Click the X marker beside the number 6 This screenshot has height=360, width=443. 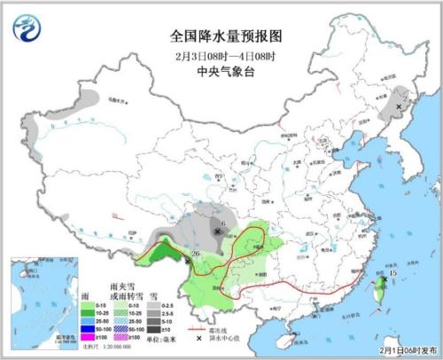pos(217,231)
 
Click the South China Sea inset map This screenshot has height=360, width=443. pos(40,301)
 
